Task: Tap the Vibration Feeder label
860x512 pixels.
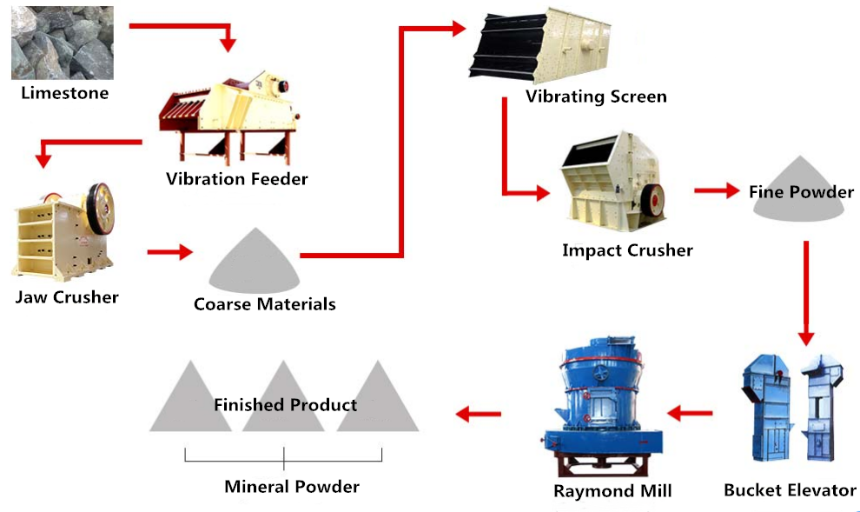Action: [237, 179]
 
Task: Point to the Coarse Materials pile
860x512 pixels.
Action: [255, 263]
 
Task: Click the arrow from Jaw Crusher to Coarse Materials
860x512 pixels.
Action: [169, 252]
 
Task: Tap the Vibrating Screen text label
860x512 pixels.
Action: [596, 96]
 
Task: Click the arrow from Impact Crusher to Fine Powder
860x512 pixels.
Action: [716, 191]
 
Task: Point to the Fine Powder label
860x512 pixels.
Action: [801, 192]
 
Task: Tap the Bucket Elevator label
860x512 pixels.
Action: [790, 490]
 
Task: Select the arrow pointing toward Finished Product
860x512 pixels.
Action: [480, 414]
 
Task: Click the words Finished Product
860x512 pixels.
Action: [285, 405]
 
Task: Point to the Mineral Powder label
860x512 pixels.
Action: [292, 486]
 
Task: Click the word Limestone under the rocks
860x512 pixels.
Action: [65, 93]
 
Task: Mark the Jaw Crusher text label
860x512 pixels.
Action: [67, 297]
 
